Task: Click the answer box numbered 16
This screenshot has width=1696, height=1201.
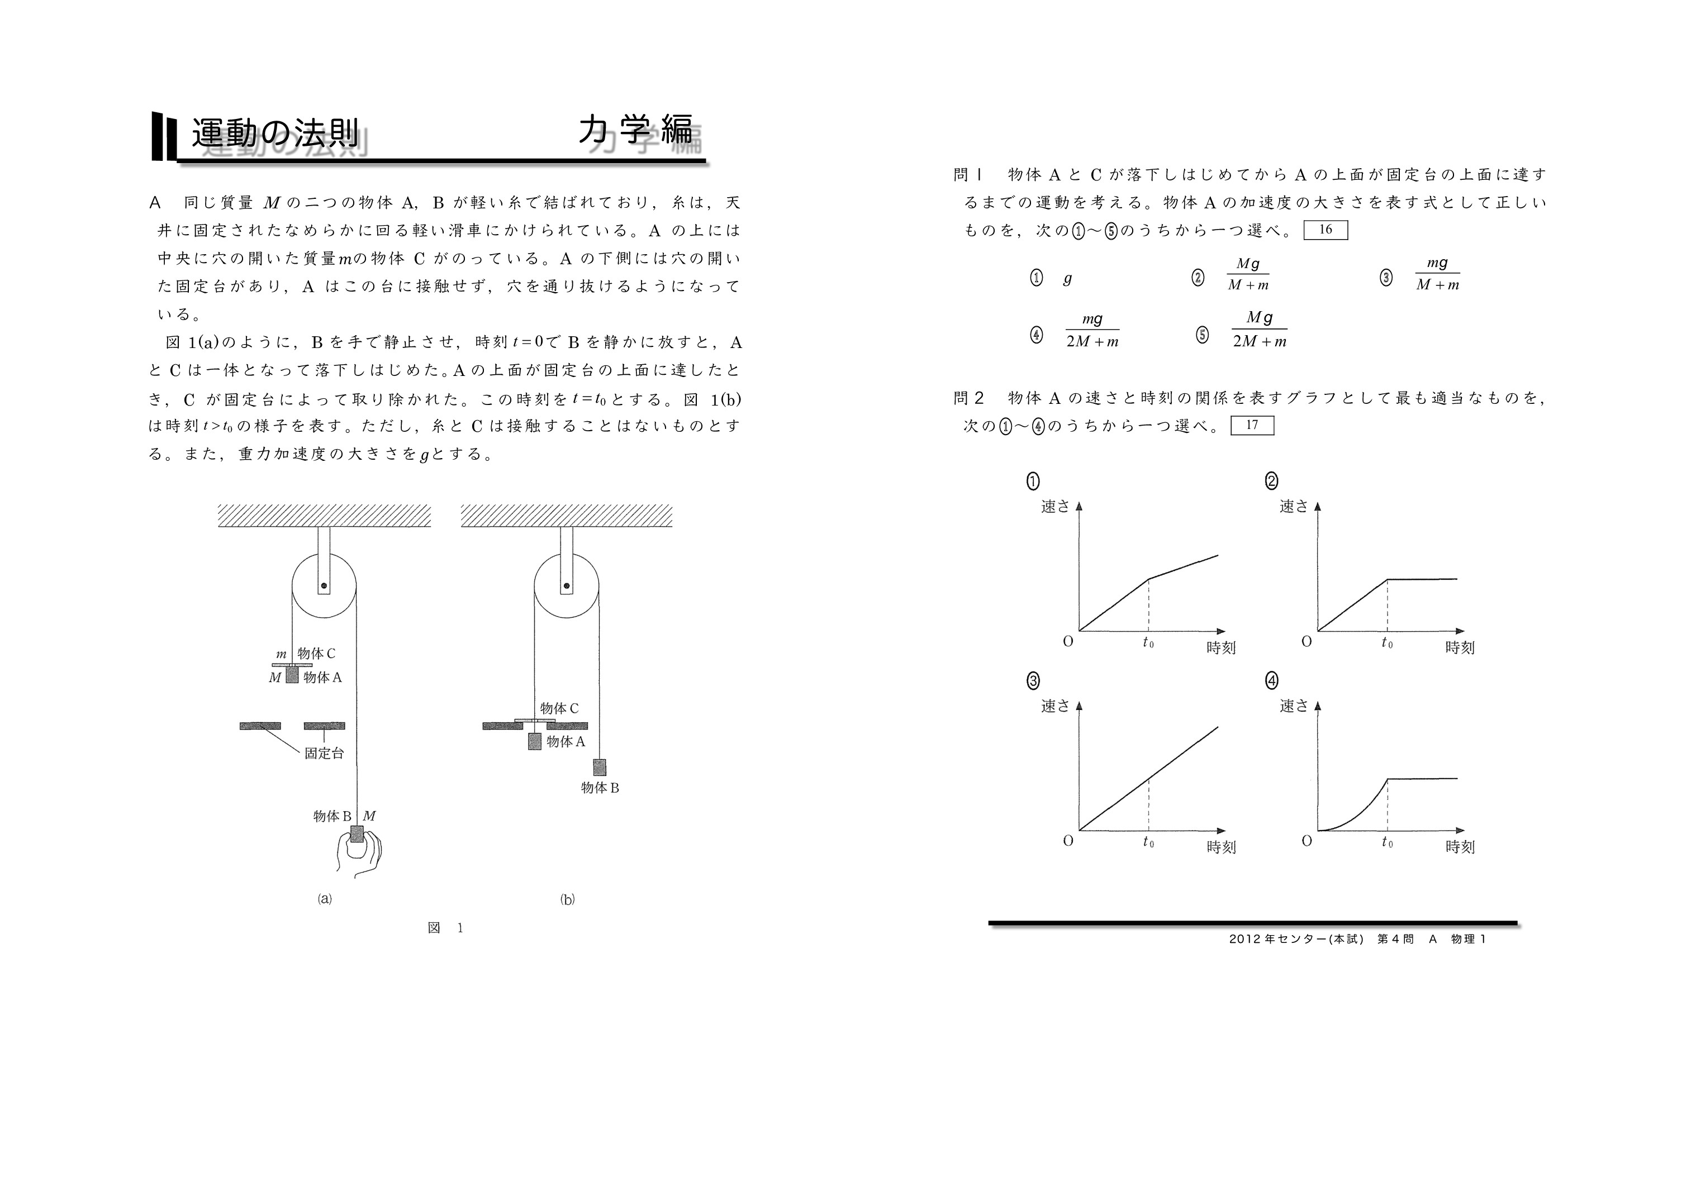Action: (x=1325, y=230)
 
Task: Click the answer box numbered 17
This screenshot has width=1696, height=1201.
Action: (x=1252, y=425)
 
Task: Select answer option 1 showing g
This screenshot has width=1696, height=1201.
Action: (x=1067, y=278)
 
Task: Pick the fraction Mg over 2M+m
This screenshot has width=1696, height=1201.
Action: (x=1259, y=330)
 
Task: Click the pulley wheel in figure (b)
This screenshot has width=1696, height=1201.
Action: (x=567, y=586)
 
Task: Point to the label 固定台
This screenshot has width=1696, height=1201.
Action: (x=324, y=754)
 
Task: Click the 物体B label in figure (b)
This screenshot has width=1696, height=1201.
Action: (x=599, y=788)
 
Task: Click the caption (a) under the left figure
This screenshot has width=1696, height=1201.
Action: (x=325, y=899)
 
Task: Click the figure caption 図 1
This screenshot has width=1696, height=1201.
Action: (x=445, y=928)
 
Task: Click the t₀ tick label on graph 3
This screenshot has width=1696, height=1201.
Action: (x=1148, y=842)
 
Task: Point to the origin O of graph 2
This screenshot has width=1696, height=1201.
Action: (x=1306, y=641)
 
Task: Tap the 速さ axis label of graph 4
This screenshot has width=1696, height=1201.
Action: (x=1294, y=706)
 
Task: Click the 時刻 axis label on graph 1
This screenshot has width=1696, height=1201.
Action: (x=1221, y=648)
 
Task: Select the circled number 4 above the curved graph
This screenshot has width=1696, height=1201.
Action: (x=1271, y=680)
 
